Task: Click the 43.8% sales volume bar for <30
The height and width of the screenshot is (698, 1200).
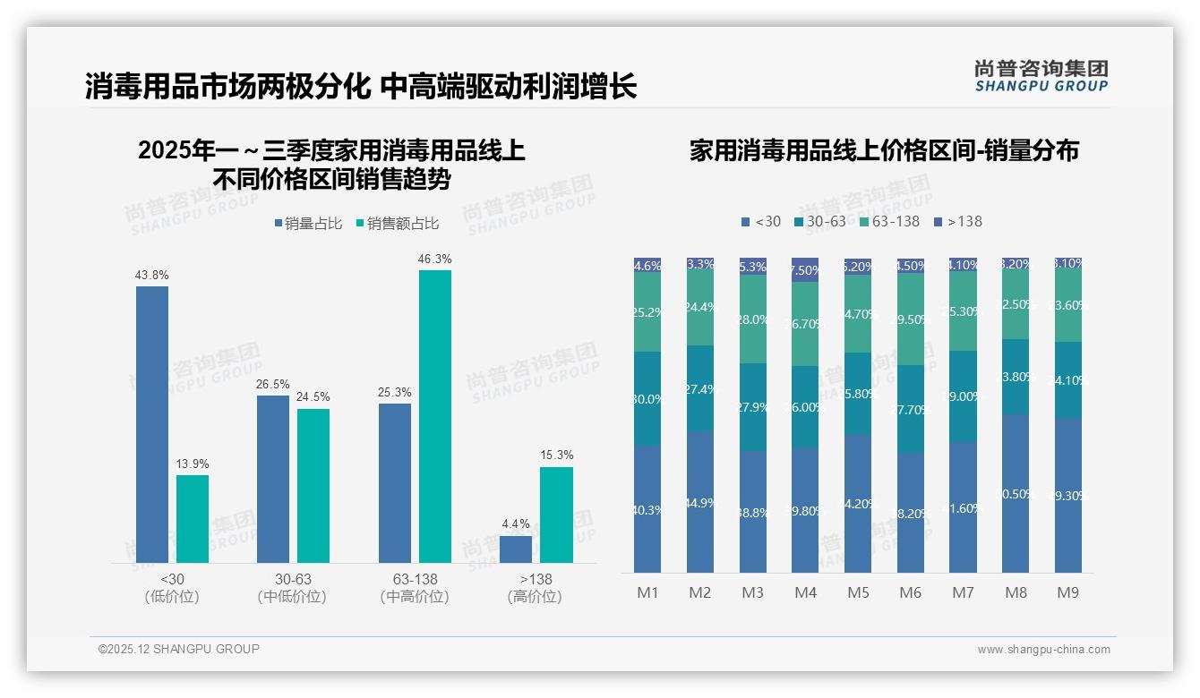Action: click(x=152, y=424)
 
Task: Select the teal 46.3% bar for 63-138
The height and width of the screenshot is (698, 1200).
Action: click(x=434, y=416)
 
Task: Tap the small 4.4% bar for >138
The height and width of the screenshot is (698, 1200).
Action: click(x=516, y=549)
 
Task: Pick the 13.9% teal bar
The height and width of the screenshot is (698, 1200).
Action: click(x=193, y=518)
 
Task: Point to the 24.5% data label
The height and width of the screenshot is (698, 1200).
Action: click(x=313, y=397)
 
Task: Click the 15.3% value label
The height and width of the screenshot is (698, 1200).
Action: click(x=556, y=455)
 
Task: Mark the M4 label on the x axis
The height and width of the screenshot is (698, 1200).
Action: click(x=805, y=592)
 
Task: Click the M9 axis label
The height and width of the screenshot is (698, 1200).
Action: click(x=1067, y=592)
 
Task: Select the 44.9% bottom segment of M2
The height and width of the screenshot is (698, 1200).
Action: click(x=700, y=502)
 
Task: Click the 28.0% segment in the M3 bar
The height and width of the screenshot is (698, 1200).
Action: click(x=752, y=319)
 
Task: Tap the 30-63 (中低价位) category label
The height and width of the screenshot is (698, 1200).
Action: click(x=292, y=588)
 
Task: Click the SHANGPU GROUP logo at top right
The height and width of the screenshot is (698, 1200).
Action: click(x=1041, y=76)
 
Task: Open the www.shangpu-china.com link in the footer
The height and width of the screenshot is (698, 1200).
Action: click(x=1043, y=650)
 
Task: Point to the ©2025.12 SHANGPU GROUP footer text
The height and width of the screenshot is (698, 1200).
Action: click(x=179, y=649)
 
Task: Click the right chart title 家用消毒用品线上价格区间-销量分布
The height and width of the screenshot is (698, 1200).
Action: click(x=884, y=150)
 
